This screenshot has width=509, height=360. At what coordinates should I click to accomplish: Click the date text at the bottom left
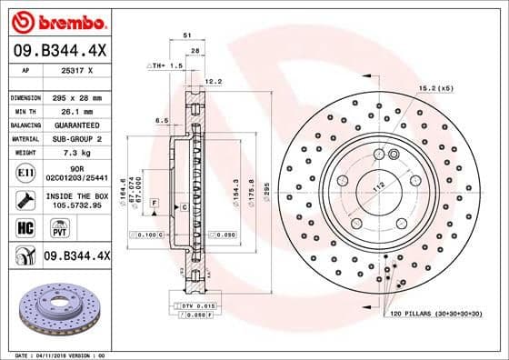55,354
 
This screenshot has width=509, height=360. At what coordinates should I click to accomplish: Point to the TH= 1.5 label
167,66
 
